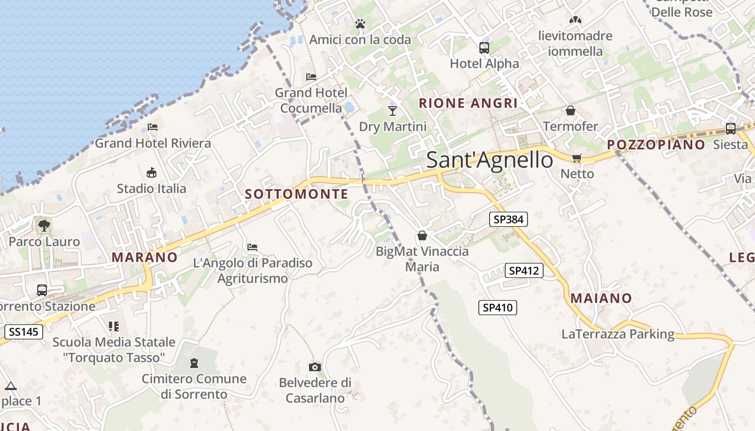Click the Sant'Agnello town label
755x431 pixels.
click(x=490, y=160)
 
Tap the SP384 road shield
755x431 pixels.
click(x=509, y=219)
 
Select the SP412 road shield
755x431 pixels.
click(x=524, y=270)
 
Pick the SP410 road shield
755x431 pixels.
click(x=498, y=308)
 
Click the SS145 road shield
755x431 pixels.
click(x=24, y=331)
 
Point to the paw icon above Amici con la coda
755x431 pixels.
click(x=360, y=24)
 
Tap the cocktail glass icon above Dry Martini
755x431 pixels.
click(x=392, y=111)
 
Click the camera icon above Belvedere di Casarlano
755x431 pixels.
click(x=315, y=367)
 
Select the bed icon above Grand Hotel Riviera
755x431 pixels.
click(x=153, y=127)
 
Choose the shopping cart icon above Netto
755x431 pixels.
click(x=577, y=158)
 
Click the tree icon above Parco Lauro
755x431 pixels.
click(x=44, y=226)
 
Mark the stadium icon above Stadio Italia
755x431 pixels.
click(x=152, y=173)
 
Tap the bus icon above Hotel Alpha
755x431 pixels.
click(x=484, y=47)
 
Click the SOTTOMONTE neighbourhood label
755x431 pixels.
click(x=297, y=194)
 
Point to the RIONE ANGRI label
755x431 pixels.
click(x=468, y=103)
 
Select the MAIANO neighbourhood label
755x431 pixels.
click(x=601, y=298)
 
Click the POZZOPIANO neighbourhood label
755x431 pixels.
click(x=656, y=144)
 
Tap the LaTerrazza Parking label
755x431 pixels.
click(x=618, y=334)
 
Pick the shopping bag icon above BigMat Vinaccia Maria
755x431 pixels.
click(x=422, y=235)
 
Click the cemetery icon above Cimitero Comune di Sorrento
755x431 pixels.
click(x=194, y=363)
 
